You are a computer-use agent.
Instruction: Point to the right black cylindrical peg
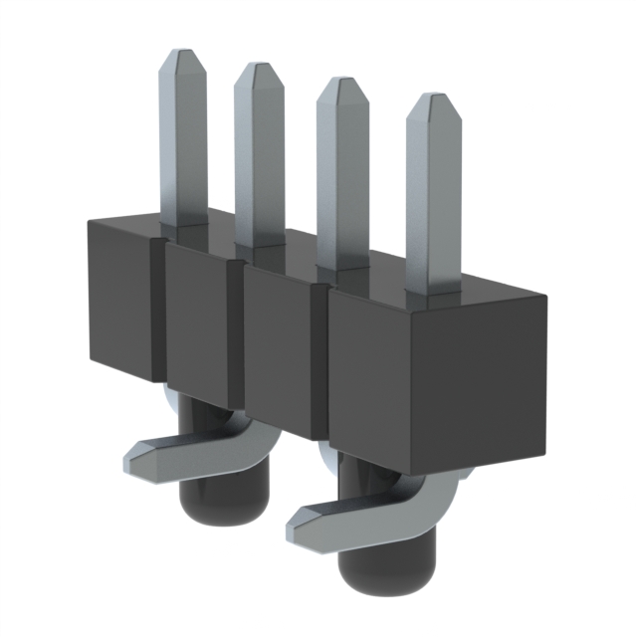coord(373,567)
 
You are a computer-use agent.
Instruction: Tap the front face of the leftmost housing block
coord(117,299)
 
